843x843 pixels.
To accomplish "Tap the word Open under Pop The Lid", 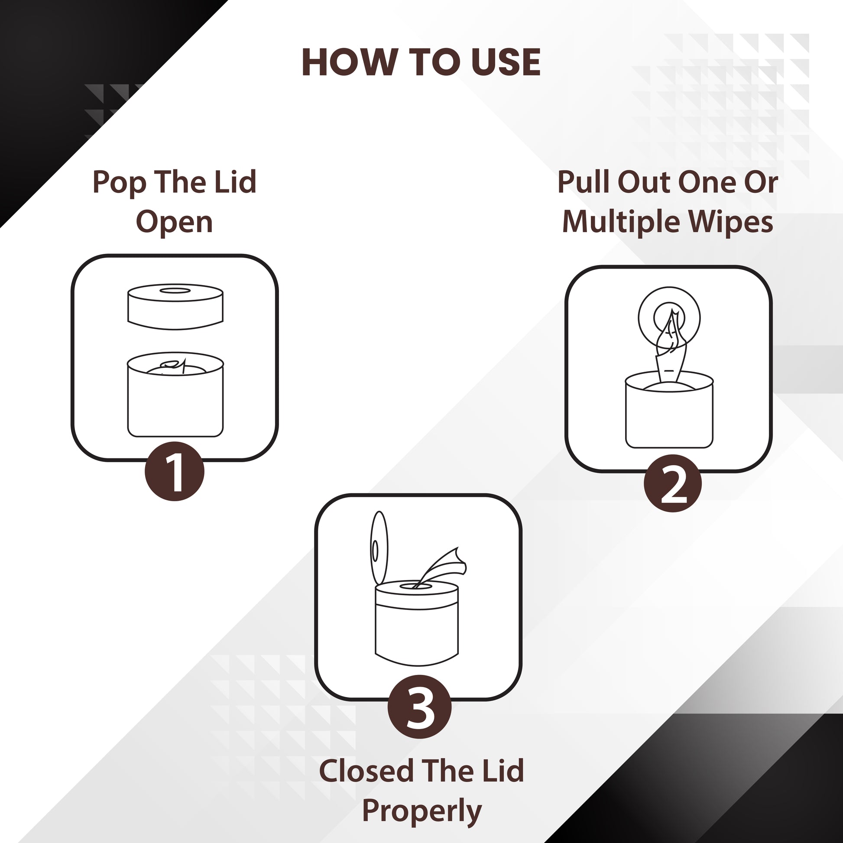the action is coord(175,223).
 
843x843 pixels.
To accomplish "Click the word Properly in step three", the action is coord(422,811).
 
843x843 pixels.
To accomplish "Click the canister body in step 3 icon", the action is coord(417,629).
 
